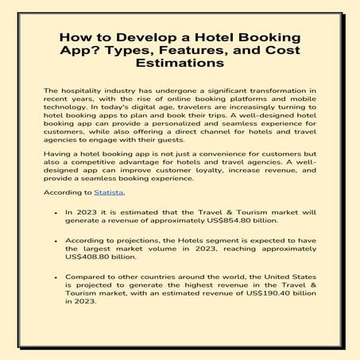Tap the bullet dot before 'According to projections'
click(55, 242)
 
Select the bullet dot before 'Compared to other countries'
click(55, 277)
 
